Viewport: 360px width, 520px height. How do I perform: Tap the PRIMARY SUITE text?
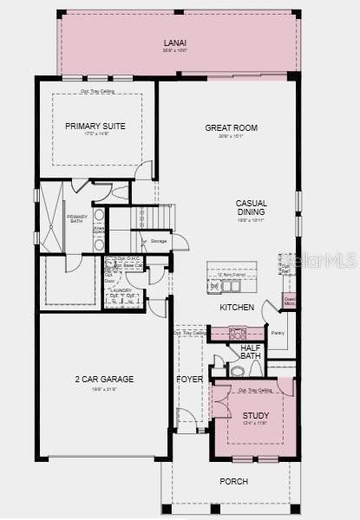tap(95, 126)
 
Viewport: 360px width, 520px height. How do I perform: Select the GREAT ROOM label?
tap(231, 127)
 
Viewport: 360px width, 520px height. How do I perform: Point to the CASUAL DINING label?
tap(251, 208)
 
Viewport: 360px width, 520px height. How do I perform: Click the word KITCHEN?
tap(237, 308)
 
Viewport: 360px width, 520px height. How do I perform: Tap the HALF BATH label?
tap(251, 351)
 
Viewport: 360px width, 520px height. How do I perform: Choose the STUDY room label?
tap(256, 416)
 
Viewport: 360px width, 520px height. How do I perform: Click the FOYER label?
tap(189, 380)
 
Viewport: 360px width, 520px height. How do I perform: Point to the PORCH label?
tap(233, 481)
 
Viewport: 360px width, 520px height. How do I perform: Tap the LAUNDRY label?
tap(121, 290)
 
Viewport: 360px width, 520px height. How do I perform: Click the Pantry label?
tap(278, 332)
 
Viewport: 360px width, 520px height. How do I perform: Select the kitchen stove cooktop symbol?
tap(238, 332)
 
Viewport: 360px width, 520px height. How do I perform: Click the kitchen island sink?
tap(230, 285)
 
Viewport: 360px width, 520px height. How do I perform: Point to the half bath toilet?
tap(237, 371)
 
